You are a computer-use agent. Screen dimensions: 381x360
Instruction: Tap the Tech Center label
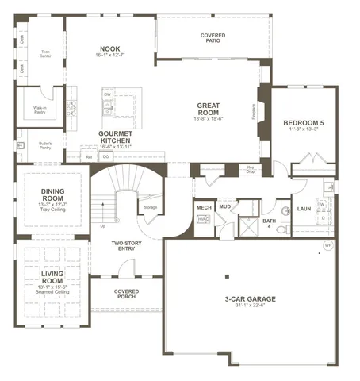click(x=46, y=54)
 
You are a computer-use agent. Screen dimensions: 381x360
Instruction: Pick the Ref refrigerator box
click(x=90, y=157)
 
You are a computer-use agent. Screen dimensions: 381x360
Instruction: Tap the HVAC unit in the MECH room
click(x=203, y=220)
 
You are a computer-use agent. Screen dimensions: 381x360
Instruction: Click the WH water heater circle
click(x=327, y=245)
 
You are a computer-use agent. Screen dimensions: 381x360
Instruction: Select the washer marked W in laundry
click(x=323, y=204)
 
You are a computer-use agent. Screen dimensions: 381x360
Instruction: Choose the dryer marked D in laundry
click(x=323, y=217)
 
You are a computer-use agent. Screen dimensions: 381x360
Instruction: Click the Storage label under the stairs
click(x=150, y=207)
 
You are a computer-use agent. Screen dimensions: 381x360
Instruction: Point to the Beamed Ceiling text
click(x=52, y=291)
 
